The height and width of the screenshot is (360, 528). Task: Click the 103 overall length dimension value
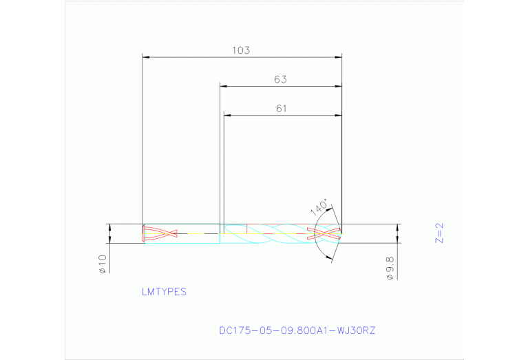pos(240,50)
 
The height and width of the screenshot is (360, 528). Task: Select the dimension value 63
pos(279,79)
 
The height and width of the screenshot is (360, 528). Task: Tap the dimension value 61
pos(281,108)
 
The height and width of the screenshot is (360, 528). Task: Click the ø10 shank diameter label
pos(103,264)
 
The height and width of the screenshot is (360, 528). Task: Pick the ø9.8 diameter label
pos(390,267)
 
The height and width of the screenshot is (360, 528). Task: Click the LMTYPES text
pos(164,292)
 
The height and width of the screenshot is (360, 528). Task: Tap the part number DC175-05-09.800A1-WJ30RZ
pos(297,330)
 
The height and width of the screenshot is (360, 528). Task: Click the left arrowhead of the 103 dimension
pos(145,56)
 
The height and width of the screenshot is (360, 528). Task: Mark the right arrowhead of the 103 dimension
pos(338,56)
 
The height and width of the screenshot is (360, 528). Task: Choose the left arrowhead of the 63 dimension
pos(223,86)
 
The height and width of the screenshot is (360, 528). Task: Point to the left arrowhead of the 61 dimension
pos(227,114)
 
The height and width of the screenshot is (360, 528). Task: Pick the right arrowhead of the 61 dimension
pos(338,114)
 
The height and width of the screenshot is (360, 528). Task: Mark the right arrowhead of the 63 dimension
pos(338,86)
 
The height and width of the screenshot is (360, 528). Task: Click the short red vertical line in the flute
pos(246,229)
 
